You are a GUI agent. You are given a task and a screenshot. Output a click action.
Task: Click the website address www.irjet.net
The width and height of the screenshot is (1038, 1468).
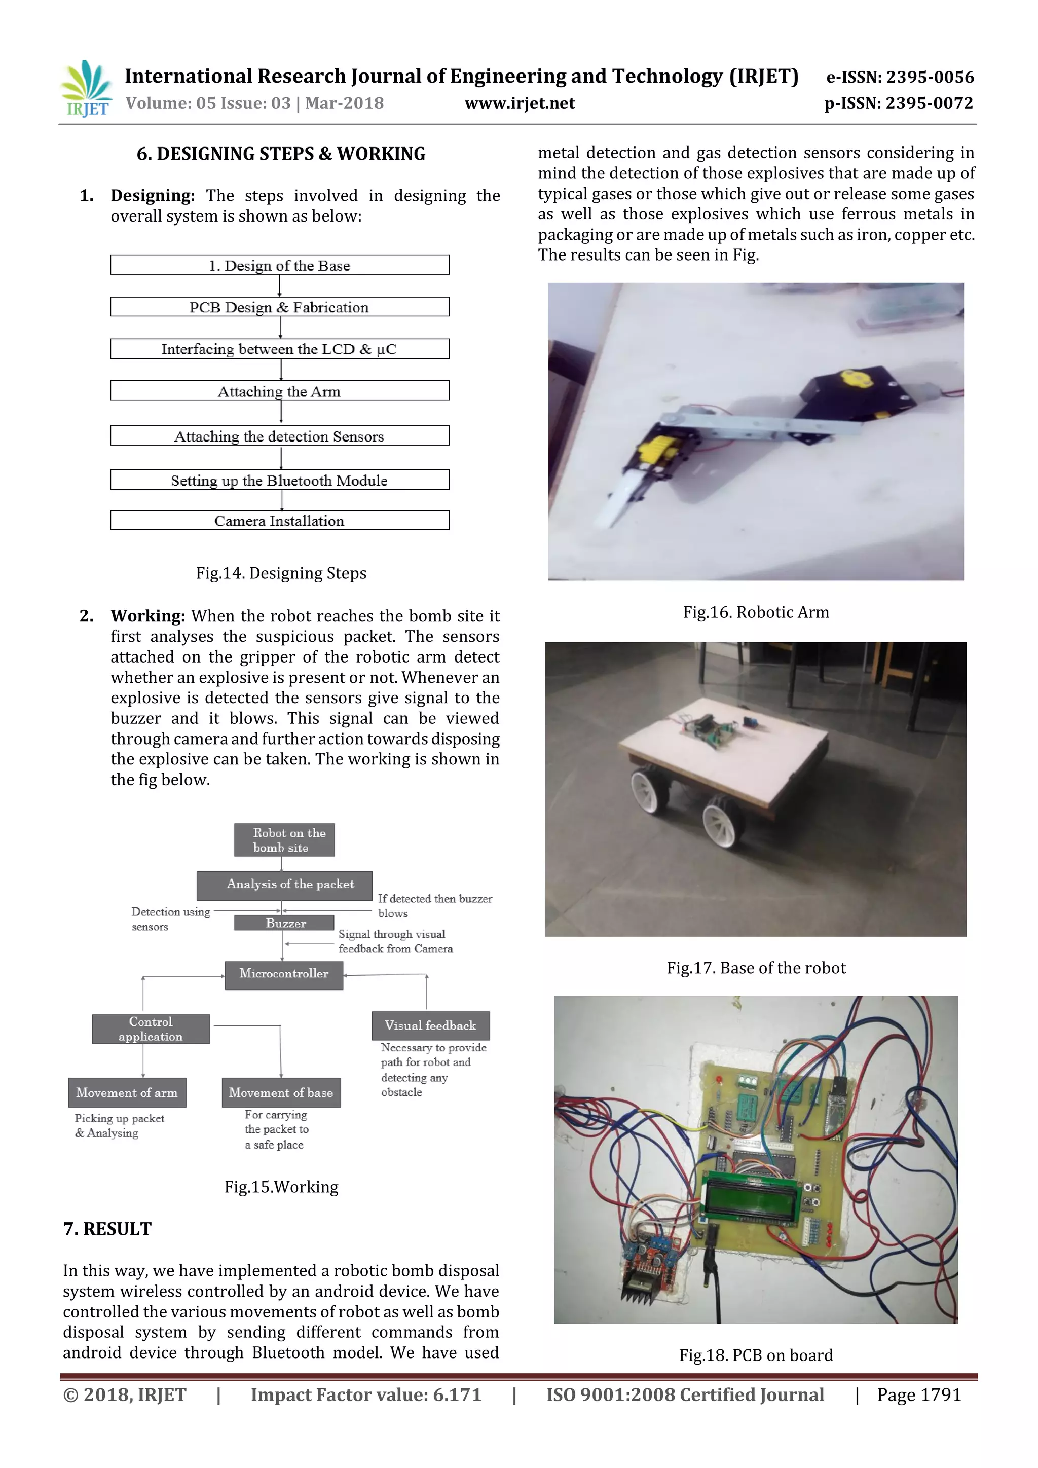[x=519, y=103]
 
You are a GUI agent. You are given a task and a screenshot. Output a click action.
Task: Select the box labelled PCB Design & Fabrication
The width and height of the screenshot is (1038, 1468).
[x=279, y=307]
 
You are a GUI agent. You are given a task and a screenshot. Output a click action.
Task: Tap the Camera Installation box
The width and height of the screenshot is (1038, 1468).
[x=279, y=521]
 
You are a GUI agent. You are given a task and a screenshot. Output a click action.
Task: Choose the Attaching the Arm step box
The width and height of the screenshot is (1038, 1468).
[x=279, y=391]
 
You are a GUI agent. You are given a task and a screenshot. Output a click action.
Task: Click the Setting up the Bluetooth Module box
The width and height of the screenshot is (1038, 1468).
[x=279, y=480]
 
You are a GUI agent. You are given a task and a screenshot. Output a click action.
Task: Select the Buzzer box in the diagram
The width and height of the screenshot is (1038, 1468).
[x=284, y=923]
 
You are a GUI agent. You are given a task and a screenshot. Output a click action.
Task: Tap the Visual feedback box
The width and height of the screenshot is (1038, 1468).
[x=430, y=1025]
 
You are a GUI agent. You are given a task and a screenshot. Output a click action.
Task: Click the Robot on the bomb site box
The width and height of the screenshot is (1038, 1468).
[x=284, y=840]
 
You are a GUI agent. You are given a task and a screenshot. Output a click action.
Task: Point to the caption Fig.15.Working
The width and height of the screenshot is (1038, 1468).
[x=281, y=1187]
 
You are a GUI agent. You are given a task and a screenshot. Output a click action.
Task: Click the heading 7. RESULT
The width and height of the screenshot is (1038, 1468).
[x=107, y=1229]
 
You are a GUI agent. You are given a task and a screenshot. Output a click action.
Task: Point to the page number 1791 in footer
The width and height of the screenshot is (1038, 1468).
[x=918, y=1395]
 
